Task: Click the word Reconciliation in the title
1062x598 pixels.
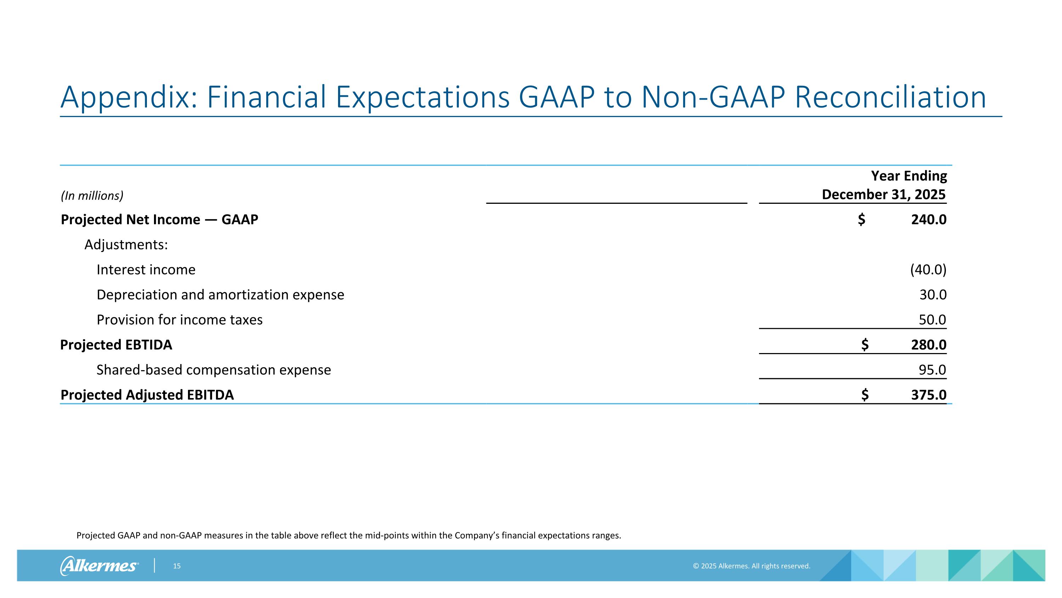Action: (x=890, y=98)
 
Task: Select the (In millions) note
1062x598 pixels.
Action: (x=92, y=196)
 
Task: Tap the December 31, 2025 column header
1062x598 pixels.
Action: (x=883, y=194)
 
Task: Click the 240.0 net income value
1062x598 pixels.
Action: (x=929, y=219)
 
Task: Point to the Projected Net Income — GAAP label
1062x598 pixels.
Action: (x=159, y=219)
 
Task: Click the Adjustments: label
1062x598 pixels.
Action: (x=126, y=245)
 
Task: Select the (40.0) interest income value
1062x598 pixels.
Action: (x=928, y=269)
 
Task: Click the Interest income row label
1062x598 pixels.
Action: (x=146, y=269)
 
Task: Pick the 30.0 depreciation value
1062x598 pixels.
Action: (x=932, y=295)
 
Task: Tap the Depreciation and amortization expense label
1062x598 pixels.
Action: (x=220, y=295)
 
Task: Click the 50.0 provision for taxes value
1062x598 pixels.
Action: (x=932, y=320)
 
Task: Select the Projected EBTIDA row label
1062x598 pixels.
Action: (x=116, y=345)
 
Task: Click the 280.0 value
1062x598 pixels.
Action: (x=929, y=345)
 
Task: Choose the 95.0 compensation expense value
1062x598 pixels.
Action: (x=932, y=370)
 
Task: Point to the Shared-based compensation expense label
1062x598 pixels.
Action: (x=213, y=370)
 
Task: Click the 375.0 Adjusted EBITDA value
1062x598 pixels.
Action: (x=929, y=395)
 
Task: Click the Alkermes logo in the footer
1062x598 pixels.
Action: (x=99, y=565)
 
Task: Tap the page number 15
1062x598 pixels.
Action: (x=177, y=566)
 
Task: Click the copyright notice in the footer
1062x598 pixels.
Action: (x=751, y=566)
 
